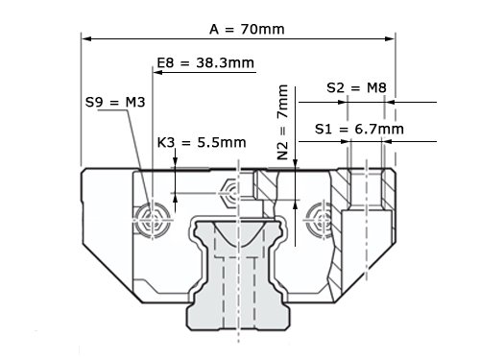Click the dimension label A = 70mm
[247, 29]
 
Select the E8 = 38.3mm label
[205, 62]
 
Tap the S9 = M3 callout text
[115, 102]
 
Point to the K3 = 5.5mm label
[202, 142]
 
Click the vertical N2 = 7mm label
[283, 122]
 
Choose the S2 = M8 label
[356, 87]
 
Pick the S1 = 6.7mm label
[359, 129]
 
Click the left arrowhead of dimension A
[87, 38]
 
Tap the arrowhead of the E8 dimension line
[158, 72]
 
